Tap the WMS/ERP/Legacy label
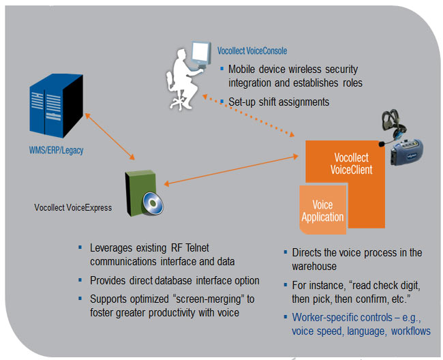click(57, 150)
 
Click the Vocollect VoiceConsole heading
click(251, 50)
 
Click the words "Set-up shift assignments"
click(279, 102)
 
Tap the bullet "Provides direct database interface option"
click(174, 280)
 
